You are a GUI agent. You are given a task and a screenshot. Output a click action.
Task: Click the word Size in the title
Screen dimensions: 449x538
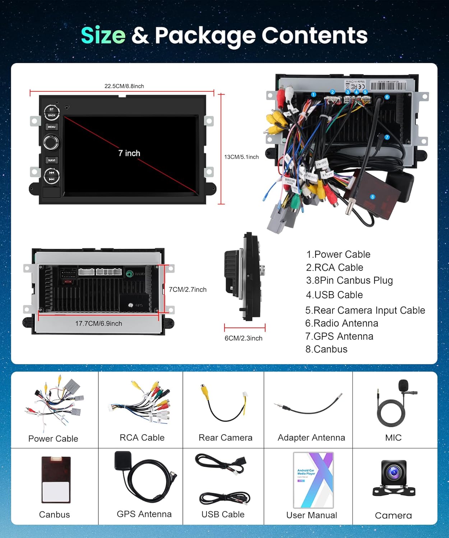[103, 35]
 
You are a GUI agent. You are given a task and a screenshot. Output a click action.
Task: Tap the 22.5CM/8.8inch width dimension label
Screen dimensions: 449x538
[124, 86]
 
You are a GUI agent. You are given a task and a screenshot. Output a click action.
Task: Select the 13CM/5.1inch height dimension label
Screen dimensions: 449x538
[241, 157]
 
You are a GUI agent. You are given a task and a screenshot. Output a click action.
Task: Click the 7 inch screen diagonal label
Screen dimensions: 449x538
[129, 153]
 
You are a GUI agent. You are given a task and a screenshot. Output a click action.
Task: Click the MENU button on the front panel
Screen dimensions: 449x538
[51, 127]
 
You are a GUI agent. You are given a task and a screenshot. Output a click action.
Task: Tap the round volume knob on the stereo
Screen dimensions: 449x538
[51, 142]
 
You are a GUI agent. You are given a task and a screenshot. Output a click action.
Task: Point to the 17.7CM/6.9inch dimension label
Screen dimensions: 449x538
[98, 324]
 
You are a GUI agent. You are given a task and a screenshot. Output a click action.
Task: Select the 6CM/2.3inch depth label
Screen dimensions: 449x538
[243, 338]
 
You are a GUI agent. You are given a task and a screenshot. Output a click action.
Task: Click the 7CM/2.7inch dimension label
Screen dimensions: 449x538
[188, 289]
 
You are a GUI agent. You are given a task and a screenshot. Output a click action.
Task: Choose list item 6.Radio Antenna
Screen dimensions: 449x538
[342, 323]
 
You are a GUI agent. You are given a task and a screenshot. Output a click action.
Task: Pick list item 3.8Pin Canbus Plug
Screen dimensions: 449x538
[349, 280]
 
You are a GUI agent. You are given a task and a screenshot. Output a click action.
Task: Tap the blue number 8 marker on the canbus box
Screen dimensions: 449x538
[372, 197]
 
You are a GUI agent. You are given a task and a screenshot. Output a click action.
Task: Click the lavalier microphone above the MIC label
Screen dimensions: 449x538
[404, 385]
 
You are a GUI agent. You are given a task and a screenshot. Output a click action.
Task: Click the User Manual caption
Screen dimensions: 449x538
[311, 515]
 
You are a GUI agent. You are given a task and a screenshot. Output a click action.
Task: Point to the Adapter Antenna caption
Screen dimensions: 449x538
[311, 438]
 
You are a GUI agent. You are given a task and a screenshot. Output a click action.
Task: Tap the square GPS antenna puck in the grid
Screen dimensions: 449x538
[123, 460]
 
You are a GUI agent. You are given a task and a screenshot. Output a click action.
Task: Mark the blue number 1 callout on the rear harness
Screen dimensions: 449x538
[314, 95]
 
